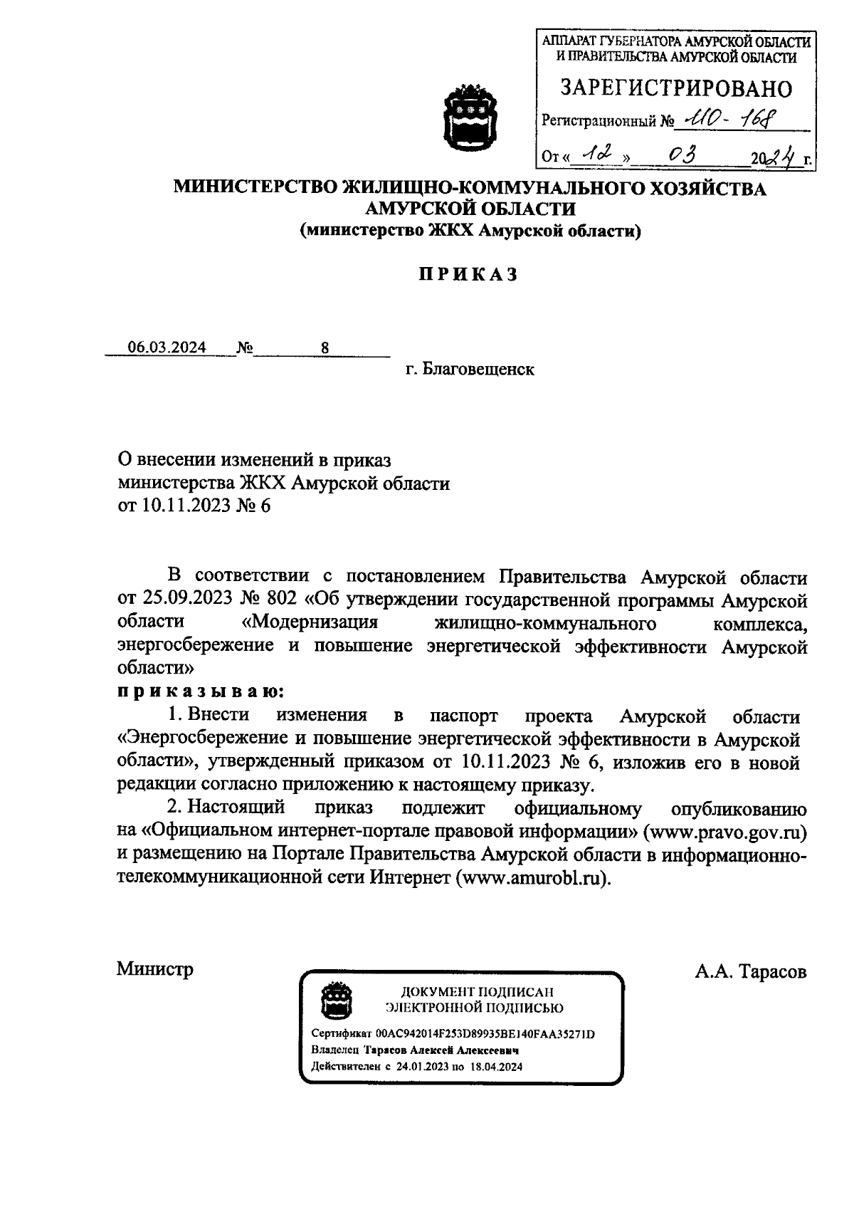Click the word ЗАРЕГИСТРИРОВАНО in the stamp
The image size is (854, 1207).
point(675,88)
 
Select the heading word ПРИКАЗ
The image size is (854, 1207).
point(466,275)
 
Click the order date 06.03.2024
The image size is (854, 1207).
point(167,348)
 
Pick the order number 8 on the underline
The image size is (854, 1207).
point(325,348)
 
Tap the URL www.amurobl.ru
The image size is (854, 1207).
point(534,877)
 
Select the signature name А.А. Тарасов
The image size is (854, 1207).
point(751,971)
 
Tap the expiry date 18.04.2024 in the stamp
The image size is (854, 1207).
point(495,1066)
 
